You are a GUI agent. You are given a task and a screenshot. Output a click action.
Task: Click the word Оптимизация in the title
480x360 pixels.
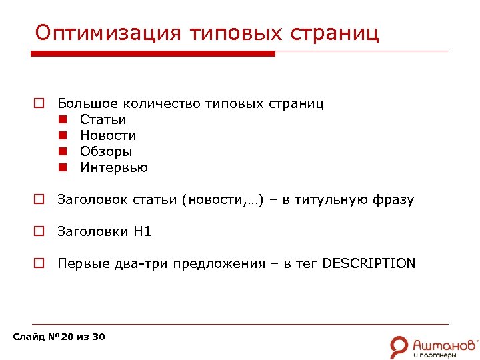(x=107, y=33)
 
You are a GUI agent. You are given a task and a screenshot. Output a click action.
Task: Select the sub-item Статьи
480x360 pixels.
(x=103, y=119)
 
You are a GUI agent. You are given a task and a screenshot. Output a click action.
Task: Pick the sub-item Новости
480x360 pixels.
(x=108, y=135)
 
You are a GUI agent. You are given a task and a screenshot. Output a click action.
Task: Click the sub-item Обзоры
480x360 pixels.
(x=106, y=151)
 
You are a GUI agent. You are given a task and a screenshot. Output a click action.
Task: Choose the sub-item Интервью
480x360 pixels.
(x=114, y=167)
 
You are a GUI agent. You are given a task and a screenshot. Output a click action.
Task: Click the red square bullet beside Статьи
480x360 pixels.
(x=62, y=120)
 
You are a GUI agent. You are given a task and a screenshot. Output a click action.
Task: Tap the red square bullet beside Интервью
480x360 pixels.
(x=62, y=168)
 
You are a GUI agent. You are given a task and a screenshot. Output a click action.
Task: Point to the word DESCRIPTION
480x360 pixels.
(x=369, y=263)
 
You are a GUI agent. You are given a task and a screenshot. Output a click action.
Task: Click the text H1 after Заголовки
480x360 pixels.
(x=143, y=231)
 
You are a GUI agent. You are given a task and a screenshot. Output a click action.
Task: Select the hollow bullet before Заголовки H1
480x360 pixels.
(x=39, y=232)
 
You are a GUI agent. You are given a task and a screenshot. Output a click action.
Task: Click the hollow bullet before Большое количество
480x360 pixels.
(x=39, y=104)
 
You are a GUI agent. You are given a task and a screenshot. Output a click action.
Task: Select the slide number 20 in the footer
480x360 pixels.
(x=67, y=337)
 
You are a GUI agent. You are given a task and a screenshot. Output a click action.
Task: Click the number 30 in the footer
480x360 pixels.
(x=98, y=337)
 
